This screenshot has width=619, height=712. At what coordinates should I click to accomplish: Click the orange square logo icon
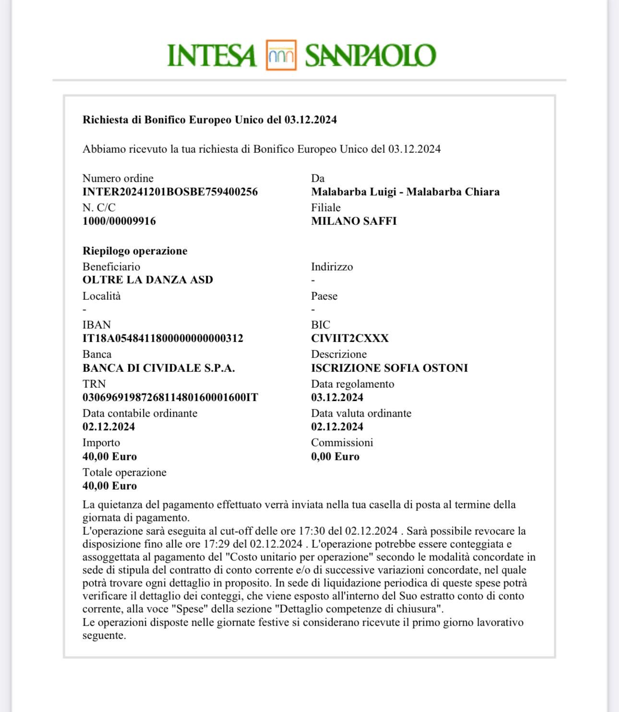pyautogui.click(x=281, y=55)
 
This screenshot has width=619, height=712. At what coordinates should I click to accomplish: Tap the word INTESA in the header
pyautogui.click(x=211, y=56)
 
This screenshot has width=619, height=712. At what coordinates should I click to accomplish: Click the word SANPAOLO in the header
pyautogui.click(x=370, y=56)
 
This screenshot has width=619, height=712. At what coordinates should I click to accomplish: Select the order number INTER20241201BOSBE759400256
pyautogui.click(x=170, y=192)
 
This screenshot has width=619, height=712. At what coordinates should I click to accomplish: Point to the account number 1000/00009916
pyautogui.click(x=119, y=221)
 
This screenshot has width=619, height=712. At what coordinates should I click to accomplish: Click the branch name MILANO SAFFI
pyautogui.click(x=354, y=221)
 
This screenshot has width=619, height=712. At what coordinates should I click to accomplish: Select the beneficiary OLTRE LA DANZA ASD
pyautogui.click(x=148, y=280)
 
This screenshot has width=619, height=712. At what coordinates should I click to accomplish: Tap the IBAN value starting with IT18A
pyautogui.click(x=163, y=339)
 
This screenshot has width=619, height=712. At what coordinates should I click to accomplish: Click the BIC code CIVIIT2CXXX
pyautogui.click(x=350, y=339)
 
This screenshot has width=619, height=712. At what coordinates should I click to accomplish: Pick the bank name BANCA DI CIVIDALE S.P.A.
pyautogui.click(x=158, y=368)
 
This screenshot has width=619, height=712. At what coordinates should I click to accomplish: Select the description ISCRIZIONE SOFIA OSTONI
pyautogui.click(x=389, y=368)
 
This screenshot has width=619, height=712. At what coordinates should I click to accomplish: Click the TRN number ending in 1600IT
pyautogui.click(x=170, y=398)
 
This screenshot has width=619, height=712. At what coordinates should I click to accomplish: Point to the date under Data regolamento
pyautogui.click(x=337, y=398)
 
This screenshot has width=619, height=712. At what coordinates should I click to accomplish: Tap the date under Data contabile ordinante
pyautogui.click(x=108, y=427)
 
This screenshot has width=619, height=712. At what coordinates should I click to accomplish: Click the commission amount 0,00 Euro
pyautogui.click(x=335, y=457)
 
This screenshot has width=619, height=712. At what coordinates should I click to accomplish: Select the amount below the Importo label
pyautogui.click(x=109, y=457)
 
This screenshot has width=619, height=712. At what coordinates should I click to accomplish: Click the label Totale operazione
pyautogui.click(x=124, y=472)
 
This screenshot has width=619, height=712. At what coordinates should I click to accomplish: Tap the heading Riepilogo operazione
pyautogui.click(x=135, y=251)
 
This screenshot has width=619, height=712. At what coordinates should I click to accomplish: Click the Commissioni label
pyautogui.click(x=342, y=442)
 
